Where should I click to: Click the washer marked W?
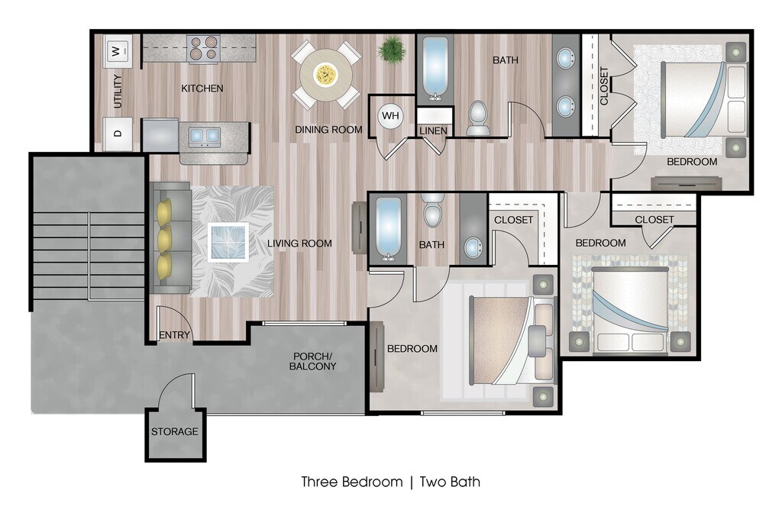point(118,51)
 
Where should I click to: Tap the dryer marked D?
point(118,134)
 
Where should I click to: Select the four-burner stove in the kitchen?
point(203,48)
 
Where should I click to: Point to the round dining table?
point(325,75)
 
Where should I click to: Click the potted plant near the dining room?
point(392,50)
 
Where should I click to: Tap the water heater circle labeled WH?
point(390,116)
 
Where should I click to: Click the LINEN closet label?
point(434,131)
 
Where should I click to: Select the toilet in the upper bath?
point(478,118)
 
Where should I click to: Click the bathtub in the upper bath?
point(435,69)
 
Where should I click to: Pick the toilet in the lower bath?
point(433,210)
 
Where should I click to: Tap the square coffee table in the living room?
point(228,242)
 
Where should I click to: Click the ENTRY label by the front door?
point(175,335)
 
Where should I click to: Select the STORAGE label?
point(175,431)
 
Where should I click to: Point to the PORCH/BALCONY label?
point(312,362)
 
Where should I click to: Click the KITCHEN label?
point(202,89)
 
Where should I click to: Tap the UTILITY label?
point(118,92)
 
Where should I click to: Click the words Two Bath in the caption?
point(450,482)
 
